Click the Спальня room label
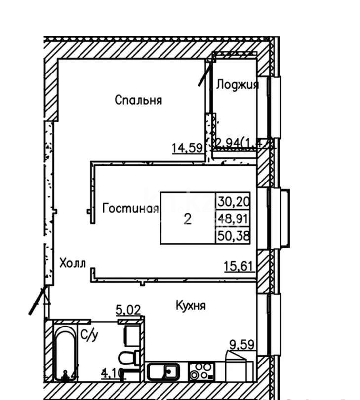pos(138,100)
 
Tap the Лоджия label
pos(237,85)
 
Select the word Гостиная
pos(130,209)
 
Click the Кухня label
pos(191,306)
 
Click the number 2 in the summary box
pos(188,219)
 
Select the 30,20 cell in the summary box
pos(234,201)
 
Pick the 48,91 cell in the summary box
pos(234,218)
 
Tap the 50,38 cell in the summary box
pos(234,236)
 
